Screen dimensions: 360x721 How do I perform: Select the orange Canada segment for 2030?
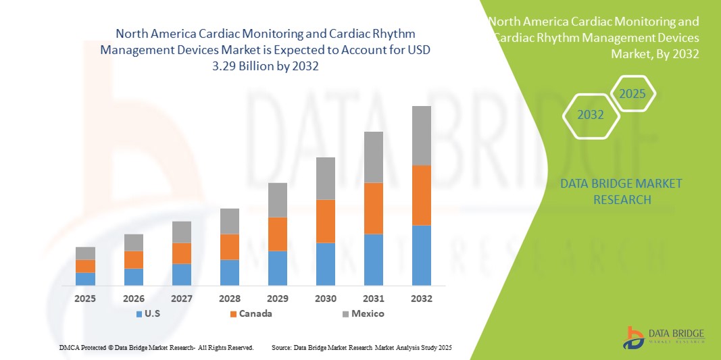point(326,221)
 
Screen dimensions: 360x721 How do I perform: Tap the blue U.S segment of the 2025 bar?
point(85,279)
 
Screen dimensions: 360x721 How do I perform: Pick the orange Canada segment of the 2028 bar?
point(230,247)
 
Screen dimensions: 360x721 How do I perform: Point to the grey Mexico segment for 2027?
point(182,232)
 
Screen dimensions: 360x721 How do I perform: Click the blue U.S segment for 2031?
point(374,259)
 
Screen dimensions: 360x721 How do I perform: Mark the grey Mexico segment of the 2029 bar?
point(278,200)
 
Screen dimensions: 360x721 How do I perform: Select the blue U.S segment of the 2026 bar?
point(134,277)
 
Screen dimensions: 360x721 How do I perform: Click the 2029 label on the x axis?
point(278,298)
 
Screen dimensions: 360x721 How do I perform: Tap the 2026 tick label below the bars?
point(134,298)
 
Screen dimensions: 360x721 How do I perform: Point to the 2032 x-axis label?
point(422,298)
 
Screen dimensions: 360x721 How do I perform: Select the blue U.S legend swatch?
point(139,314)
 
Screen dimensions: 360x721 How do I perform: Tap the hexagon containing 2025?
point(632,94)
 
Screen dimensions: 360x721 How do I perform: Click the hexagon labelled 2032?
point(591,115)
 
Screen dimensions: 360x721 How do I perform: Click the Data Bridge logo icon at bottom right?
point(634,338)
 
